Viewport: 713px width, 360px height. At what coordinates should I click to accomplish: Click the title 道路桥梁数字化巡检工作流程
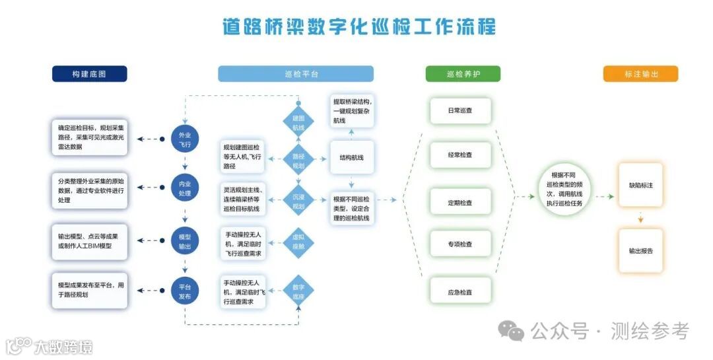pos(358,27)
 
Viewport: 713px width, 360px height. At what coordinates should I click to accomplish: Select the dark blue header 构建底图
pos(89,74)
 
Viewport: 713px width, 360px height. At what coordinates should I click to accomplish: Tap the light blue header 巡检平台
pos(296,74)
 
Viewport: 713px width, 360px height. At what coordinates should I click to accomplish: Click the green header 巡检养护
pos(463,74)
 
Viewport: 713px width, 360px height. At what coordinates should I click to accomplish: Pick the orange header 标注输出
pos(640,74)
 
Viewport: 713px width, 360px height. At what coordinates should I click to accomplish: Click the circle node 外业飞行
pos(185,139)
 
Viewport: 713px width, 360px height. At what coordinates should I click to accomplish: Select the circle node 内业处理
pos(185,188)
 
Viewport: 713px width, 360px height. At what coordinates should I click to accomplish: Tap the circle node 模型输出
pos(185,241)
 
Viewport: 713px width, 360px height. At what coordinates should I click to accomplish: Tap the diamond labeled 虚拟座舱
pos(298,241)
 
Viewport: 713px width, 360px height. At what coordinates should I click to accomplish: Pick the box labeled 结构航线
pos(352,158)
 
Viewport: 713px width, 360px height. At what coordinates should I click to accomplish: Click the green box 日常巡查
pos(460,111)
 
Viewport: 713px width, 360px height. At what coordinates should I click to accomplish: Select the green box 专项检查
pos(460,244)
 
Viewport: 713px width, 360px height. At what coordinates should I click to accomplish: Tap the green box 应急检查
pos(460,292)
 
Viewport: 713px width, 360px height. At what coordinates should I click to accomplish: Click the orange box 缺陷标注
pos(640,186)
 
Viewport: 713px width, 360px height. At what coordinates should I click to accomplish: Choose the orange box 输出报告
pos(640,251)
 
